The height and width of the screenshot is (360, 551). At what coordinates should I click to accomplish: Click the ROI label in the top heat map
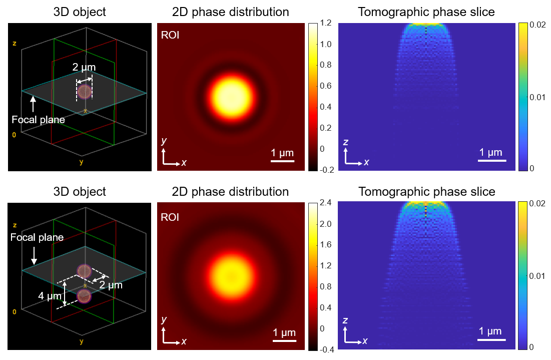click(171, 35)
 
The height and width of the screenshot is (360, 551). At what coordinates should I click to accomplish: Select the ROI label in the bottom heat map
click(171, 217)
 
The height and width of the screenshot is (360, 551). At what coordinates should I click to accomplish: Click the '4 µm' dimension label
click(50, 296)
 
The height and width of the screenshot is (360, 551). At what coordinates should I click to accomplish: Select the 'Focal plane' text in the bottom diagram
click(37, 237)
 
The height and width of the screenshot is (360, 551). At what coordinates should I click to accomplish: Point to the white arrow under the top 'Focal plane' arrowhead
click(34, 104)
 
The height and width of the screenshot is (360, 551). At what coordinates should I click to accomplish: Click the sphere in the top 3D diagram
click(85, 92)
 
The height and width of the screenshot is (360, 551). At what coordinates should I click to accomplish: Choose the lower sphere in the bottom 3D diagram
click(84, 296)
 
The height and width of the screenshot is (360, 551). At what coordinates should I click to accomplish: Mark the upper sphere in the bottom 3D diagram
click(84, 271)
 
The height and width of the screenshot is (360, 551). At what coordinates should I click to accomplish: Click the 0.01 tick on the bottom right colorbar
click(538, 276)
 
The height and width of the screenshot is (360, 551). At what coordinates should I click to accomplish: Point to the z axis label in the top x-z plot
click(346, 143)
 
